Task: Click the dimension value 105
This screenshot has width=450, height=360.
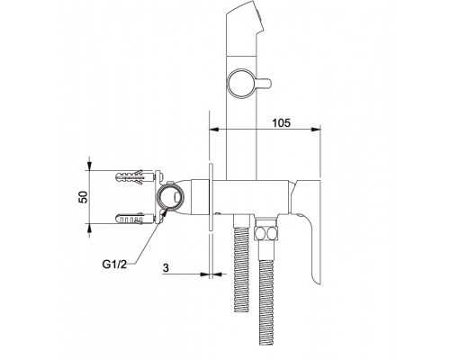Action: [x=281, y=122]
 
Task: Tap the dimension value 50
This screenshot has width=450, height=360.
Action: [x=84, y=197]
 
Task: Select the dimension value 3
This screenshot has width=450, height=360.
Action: [x=166, y=268]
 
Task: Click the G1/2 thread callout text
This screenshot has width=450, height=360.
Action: [x=114, y=265]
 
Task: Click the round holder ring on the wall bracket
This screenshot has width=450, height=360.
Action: [x=170, y=197]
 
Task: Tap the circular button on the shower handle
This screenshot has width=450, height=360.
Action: [x=241, y=83]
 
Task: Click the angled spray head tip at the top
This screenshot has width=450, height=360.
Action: [x=246, y=15]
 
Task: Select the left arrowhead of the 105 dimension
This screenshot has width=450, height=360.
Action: [x=213, y=130]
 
